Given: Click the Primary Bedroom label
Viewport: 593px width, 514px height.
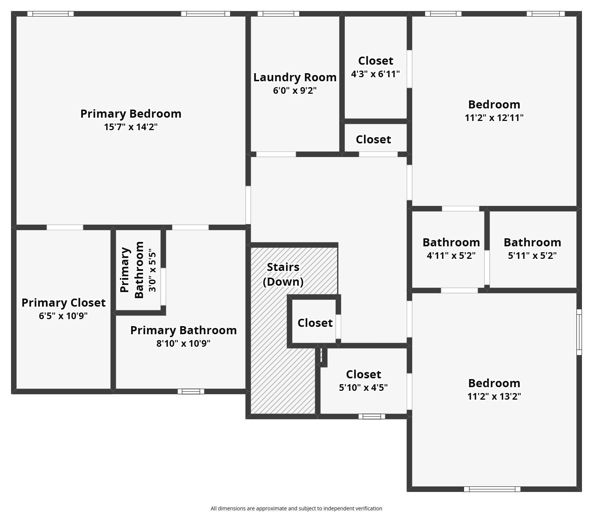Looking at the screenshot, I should pos(131,114).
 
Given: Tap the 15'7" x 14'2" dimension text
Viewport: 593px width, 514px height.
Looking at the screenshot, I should pos(131,127).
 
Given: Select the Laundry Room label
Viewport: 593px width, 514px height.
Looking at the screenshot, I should pos(295,77).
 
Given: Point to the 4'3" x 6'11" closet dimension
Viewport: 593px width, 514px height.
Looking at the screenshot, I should pos(375,74).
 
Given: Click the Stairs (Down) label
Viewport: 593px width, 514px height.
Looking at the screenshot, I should pos(283,274).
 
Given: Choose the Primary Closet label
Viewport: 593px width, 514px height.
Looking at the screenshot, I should pos(64,303).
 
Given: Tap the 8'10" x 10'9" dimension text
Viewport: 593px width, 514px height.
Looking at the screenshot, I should pos(183,343).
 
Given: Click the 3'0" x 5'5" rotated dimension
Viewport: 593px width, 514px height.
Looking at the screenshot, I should pos(152,270).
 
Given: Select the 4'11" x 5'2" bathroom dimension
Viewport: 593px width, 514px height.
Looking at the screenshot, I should pos(451,255).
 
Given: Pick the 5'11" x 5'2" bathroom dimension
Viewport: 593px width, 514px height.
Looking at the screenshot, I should pos(532,255).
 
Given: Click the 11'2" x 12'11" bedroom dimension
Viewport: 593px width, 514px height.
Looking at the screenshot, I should pos(494,118).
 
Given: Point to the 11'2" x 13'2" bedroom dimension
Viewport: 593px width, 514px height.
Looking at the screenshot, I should pos(494,396).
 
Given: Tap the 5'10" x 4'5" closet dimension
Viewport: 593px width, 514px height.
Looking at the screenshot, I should pos(363,388).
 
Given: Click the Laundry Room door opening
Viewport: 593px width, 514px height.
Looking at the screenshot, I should pos(276,154).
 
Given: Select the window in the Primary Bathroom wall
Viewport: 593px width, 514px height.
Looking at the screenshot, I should pos(191,391).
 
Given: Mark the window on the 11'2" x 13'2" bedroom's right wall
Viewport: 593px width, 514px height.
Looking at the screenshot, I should pos(579,332).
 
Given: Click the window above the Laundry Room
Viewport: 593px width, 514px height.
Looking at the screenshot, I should pos(278,14).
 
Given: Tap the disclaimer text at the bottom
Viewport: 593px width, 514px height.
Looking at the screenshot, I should pos(296,508).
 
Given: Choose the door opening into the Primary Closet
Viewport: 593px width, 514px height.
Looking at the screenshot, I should pos(65,227).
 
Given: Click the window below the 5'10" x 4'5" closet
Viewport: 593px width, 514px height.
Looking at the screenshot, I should pos(372,416).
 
